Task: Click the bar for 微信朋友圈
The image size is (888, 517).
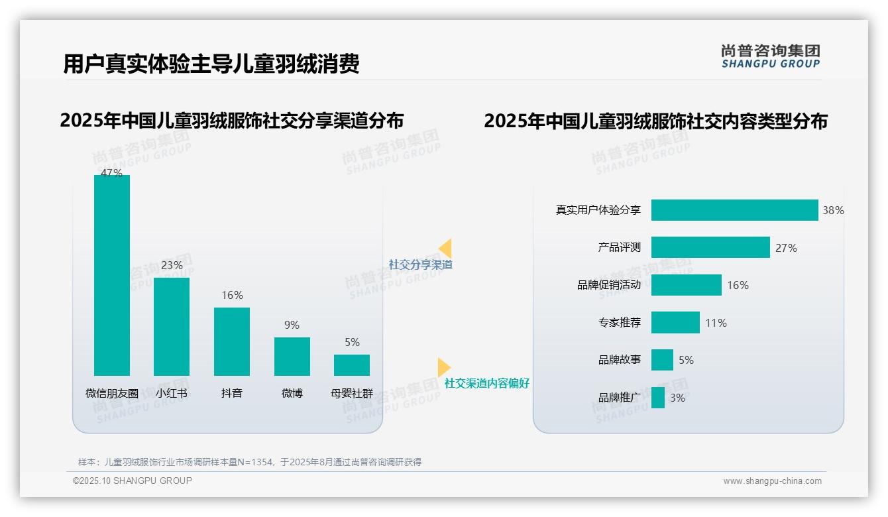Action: click(x=112, y=275)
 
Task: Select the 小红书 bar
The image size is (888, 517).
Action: click(x=172, y=326)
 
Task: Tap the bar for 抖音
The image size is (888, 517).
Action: click(x=232, y=341)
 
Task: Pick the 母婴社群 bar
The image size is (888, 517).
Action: click(x=352, y=365)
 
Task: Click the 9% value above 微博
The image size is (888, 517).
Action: click(x=292, y=325)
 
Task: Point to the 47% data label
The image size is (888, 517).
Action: click(x=111, y=173)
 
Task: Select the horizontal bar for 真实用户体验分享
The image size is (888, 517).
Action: click(x=734, y=210)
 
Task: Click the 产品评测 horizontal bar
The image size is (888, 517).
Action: click(x=710, y=247)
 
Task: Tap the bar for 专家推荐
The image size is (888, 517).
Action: click(x=675, y=323)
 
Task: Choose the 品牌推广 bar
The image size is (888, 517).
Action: click(x=658, y=398)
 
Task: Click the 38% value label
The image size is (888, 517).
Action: click(x=833, y=211)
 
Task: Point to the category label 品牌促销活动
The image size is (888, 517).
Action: click(x=609, y=285)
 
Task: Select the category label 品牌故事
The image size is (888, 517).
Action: click(x=620, y=360)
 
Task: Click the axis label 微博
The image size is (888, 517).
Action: click(x=292, y=393)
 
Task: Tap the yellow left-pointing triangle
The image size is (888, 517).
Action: click(x=445, y=249)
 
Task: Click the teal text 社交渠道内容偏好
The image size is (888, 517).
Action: click(x=487, y=383)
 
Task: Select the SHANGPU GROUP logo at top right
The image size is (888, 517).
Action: click(x=771, y=56)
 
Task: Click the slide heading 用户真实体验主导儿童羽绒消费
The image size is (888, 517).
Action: click(x=211, y=64)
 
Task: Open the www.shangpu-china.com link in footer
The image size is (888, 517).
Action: click(x=772, y=481)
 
